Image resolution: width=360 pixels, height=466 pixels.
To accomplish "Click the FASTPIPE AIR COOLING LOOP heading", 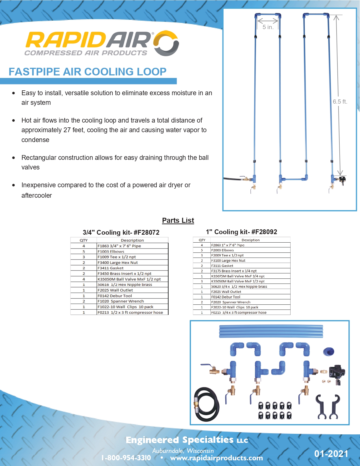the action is click(88, 72).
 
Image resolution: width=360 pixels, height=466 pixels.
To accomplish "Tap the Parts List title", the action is click(178, 220).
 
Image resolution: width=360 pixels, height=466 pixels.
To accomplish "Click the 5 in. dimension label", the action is click(268, 27).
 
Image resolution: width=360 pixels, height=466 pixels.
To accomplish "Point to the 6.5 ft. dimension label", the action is click(340, 102).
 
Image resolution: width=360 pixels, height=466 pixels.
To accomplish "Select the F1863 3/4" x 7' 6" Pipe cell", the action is click(132, 246).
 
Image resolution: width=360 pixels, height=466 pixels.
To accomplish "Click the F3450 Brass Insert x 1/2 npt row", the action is click(119, 273).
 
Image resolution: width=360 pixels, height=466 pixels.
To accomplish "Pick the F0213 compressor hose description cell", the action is click(132, 312).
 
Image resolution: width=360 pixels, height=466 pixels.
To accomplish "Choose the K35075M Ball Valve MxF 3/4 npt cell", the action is click(250, 276).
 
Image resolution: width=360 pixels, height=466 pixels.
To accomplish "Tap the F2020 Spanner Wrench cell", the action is click(250, 302).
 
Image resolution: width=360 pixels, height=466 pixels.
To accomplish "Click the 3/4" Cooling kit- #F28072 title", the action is click(121, 232).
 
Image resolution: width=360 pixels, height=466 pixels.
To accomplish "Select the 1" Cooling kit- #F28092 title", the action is click(241, 232).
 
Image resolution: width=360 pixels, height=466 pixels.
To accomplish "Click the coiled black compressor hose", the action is click(206, 404).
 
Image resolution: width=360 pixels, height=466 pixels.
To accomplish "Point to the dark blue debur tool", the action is click(329, 352).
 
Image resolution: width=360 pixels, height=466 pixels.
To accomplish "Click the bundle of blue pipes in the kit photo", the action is click(271, 331).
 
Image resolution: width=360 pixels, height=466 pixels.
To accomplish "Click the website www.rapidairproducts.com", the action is click(216, 458).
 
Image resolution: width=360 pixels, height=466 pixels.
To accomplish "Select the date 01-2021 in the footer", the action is click(331, 454).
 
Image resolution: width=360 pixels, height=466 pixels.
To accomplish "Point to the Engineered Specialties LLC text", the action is click(187, 440).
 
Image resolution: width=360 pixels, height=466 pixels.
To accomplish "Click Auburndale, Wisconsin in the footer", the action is click(183, 450).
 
